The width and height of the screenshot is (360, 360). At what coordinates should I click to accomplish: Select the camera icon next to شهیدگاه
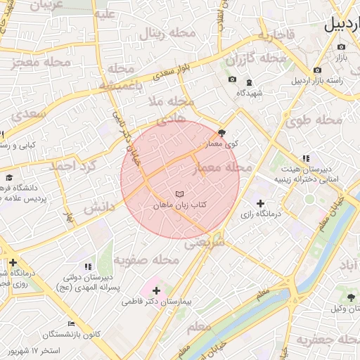click(233, 79)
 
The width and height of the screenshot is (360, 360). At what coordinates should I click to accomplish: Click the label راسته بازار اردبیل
click(328, 81)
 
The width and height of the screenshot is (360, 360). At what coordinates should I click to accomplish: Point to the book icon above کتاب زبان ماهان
click(179, 193)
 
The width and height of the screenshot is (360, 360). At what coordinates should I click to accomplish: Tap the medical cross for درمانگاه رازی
click(261, 202)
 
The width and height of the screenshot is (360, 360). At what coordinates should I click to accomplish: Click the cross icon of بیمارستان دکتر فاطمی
click(156, 290)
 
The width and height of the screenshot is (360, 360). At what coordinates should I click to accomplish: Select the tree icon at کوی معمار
click(222, 132)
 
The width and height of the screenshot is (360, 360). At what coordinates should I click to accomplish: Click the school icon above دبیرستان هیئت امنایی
click(304, 159)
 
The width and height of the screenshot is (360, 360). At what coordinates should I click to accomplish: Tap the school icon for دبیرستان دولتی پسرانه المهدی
click(88, 266)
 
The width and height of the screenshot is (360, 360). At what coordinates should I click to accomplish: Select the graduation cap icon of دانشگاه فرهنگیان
click(9, 178)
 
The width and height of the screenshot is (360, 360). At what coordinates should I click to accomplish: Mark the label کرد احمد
click(71, 166)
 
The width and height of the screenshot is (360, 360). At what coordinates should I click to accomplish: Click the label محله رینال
click(163, 32)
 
